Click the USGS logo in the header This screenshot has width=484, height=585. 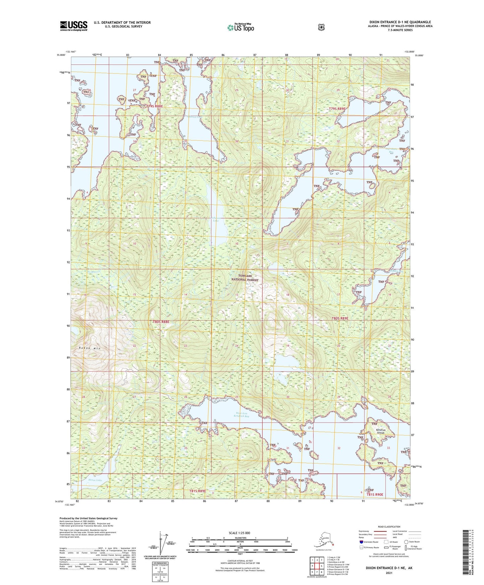point(73,26)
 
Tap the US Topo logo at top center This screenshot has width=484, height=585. point(240,27)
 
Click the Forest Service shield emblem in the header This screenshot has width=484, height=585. point(321,27)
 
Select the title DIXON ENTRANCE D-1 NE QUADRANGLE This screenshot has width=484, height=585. point(400,22)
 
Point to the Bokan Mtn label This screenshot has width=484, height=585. point(89,348)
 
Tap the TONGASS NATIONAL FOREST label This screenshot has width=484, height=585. point(245,277)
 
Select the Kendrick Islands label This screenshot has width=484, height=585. point(381,431)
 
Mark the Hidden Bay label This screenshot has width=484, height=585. point(397,271)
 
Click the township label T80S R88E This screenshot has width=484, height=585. point(161,322)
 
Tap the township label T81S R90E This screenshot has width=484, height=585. point(374,495)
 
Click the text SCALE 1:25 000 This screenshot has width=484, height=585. point(239,533)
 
